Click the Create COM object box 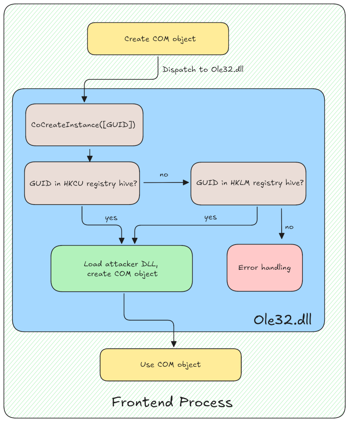158,39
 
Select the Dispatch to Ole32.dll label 203,69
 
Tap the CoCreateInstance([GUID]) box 84,124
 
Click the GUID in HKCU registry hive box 82,183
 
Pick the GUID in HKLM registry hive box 248,183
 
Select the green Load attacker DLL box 121,268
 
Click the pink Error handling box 265,268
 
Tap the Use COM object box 171,364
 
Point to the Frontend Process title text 172,401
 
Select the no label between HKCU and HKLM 164,174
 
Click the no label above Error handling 289,227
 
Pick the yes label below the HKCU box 111,218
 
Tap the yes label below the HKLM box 210,217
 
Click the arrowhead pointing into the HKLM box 187,183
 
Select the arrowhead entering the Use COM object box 174,345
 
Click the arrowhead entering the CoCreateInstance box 84,100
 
